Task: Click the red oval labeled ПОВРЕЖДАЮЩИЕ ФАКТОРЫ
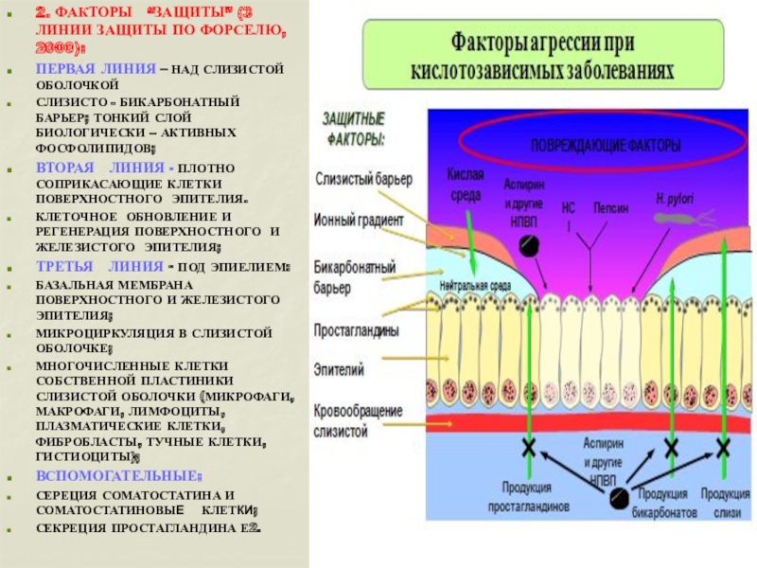(605, 147)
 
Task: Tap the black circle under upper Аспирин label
(530, 245)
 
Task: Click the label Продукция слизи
(727, 503)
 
